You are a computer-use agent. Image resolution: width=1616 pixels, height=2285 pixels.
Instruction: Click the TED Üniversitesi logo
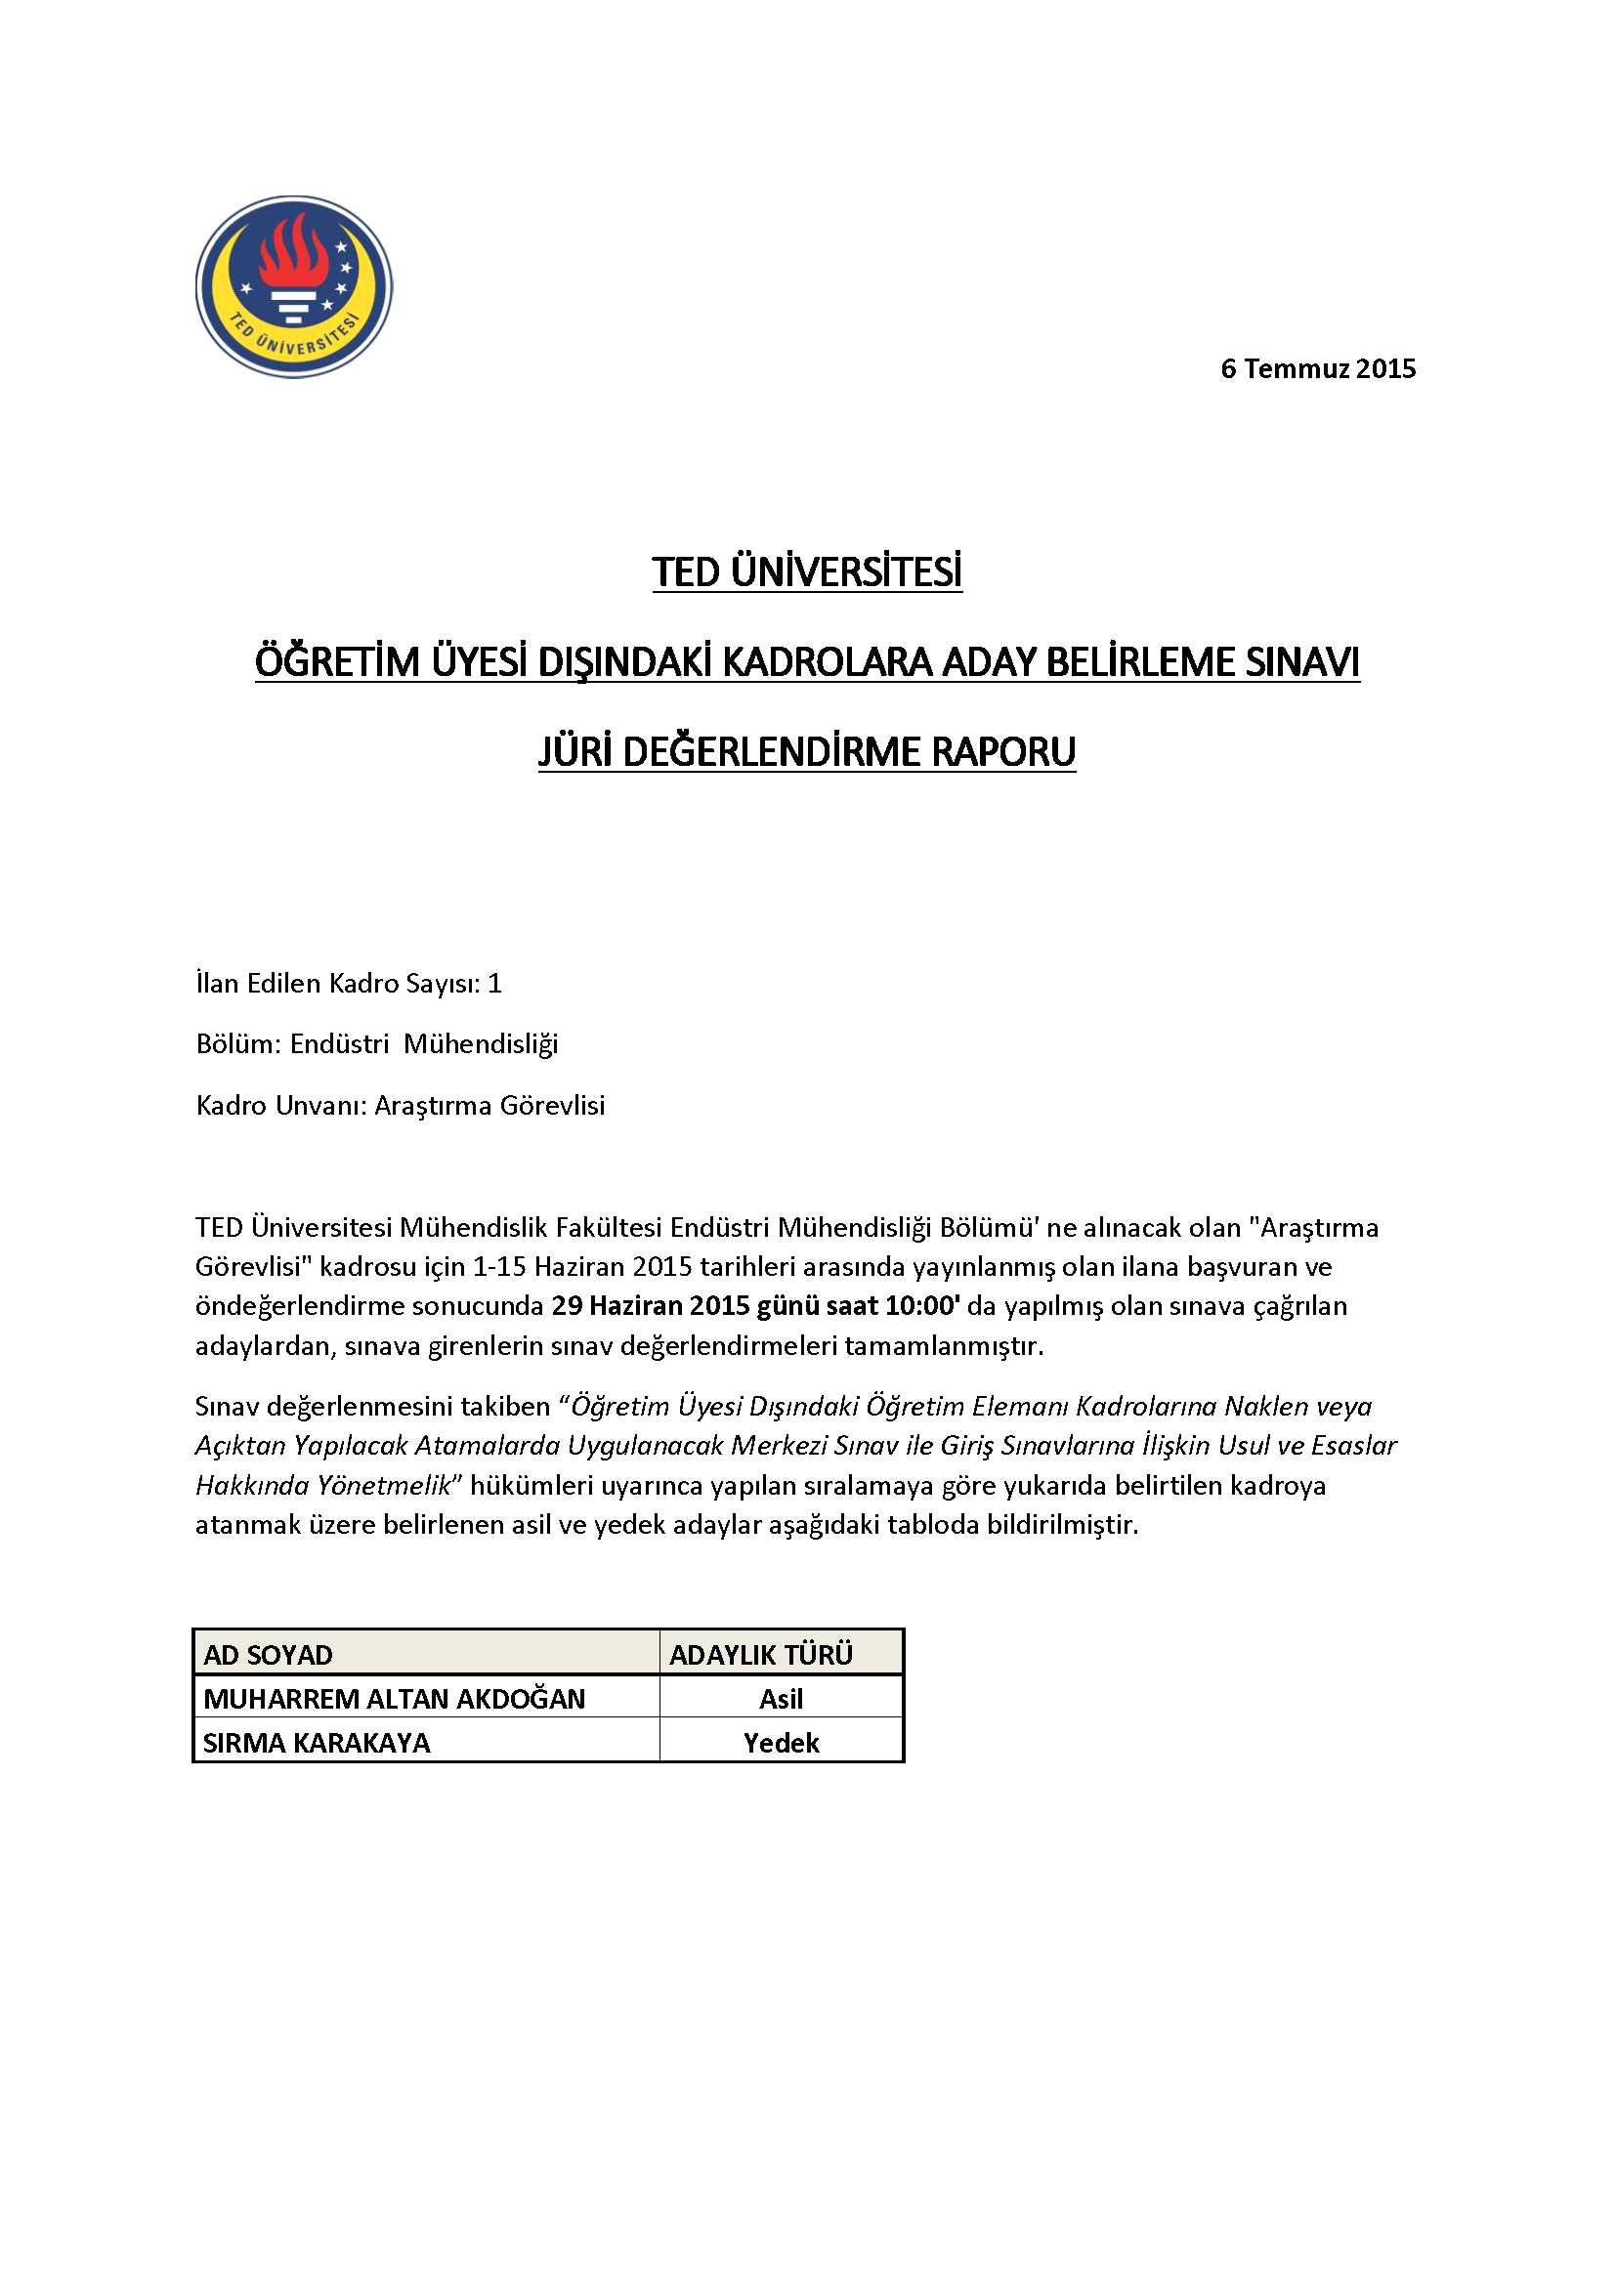tap(293, 286)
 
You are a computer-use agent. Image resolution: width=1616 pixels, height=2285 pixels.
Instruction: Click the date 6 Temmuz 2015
tap(1317, 369)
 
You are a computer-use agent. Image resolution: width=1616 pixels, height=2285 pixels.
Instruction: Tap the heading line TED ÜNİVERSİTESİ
tap(807, 572)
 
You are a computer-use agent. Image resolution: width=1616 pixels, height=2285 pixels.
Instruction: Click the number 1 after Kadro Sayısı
tap(494, 984)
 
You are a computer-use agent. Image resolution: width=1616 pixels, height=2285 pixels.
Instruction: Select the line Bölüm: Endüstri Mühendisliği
tap(376, 1044)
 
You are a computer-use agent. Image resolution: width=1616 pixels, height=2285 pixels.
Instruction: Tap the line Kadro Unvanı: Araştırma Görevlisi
tap(400, 1106)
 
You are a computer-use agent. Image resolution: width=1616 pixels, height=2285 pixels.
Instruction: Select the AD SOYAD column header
tap(268, 1655)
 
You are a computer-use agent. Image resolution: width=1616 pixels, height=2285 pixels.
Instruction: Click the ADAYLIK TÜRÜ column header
tap(761, 1655)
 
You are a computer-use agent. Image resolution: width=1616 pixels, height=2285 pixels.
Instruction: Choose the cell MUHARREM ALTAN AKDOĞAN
tap(394, 1699)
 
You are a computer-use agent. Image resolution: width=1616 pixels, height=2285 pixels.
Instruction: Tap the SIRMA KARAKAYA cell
tap(317, 1743)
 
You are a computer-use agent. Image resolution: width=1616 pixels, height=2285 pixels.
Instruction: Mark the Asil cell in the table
tap(782, 1699)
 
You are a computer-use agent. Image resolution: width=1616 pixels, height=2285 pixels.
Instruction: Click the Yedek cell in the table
tap(782, 1743)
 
